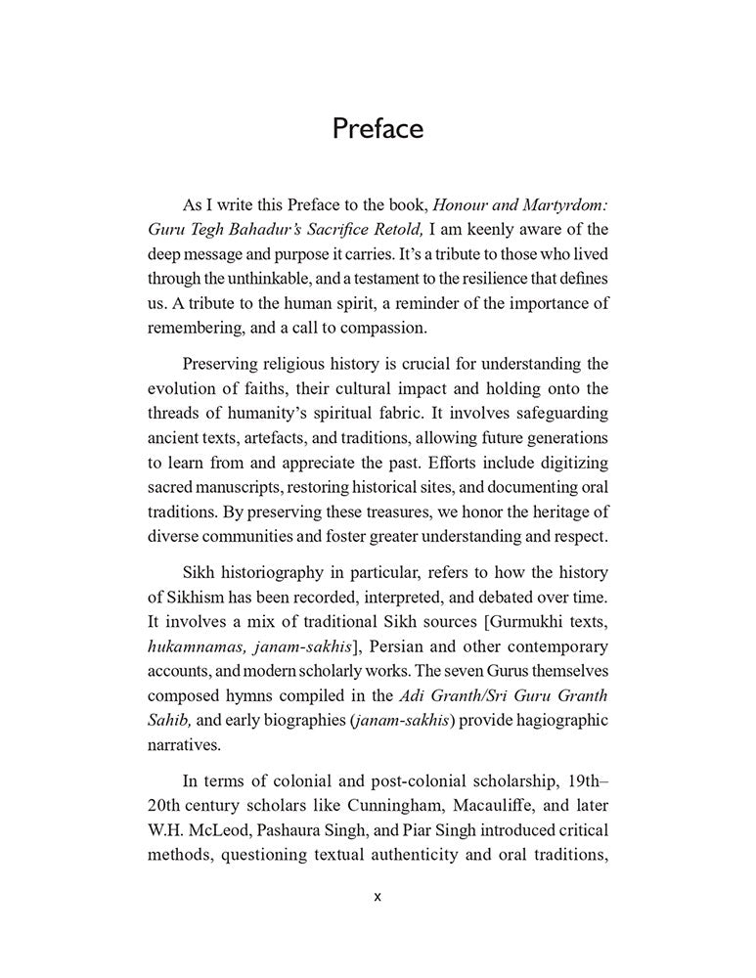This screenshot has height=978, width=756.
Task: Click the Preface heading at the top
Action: (x=378, y=129)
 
